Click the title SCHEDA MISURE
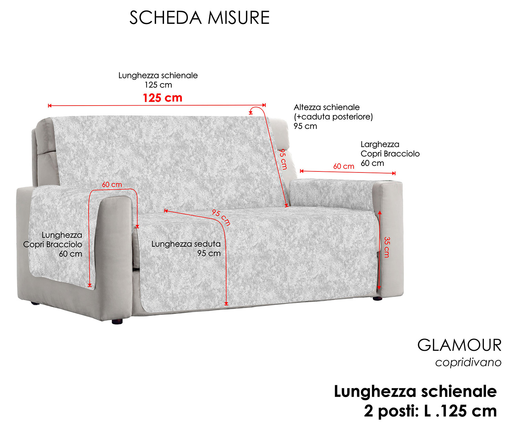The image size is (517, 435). [x=199, y=18]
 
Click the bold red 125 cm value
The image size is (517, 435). [x=162, y=98]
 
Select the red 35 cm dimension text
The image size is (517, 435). [x=387, y=247]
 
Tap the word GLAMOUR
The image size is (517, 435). [x=459, y=345]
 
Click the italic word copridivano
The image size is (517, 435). [x=468, y=363]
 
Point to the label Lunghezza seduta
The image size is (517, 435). [x=186, y=244]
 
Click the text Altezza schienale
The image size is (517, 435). [x=327, y=107]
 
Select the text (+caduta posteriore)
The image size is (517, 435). [x=333, y=117]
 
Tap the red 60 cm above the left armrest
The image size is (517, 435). [x=112, y=185]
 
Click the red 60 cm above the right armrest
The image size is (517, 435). [x=344, y=166]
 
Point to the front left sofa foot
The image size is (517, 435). [x=117, y=321]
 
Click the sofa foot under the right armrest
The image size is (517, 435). [x=377, y=298]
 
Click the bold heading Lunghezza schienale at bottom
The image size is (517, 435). [x=415, y=392]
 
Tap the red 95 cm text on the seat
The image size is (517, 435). [x=221, y=217]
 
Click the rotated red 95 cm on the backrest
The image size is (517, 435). [x=283, y=159]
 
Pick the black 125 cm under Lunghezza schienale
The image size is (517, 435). [x=158, y=85]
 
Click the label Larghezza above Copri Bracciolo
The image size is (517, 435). [x=380, y=144]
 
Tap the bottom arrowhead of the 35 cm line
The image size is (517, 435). [x=378, y=288]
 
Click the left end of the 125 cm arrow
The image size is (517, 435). [x=49, y=106]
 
